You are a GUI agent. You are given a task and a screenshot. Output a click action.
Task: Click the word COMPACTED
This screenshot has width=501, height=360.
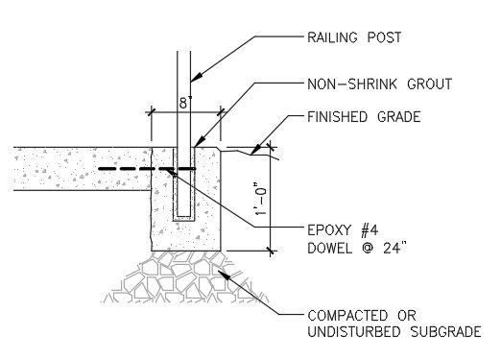click(341, 316)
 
